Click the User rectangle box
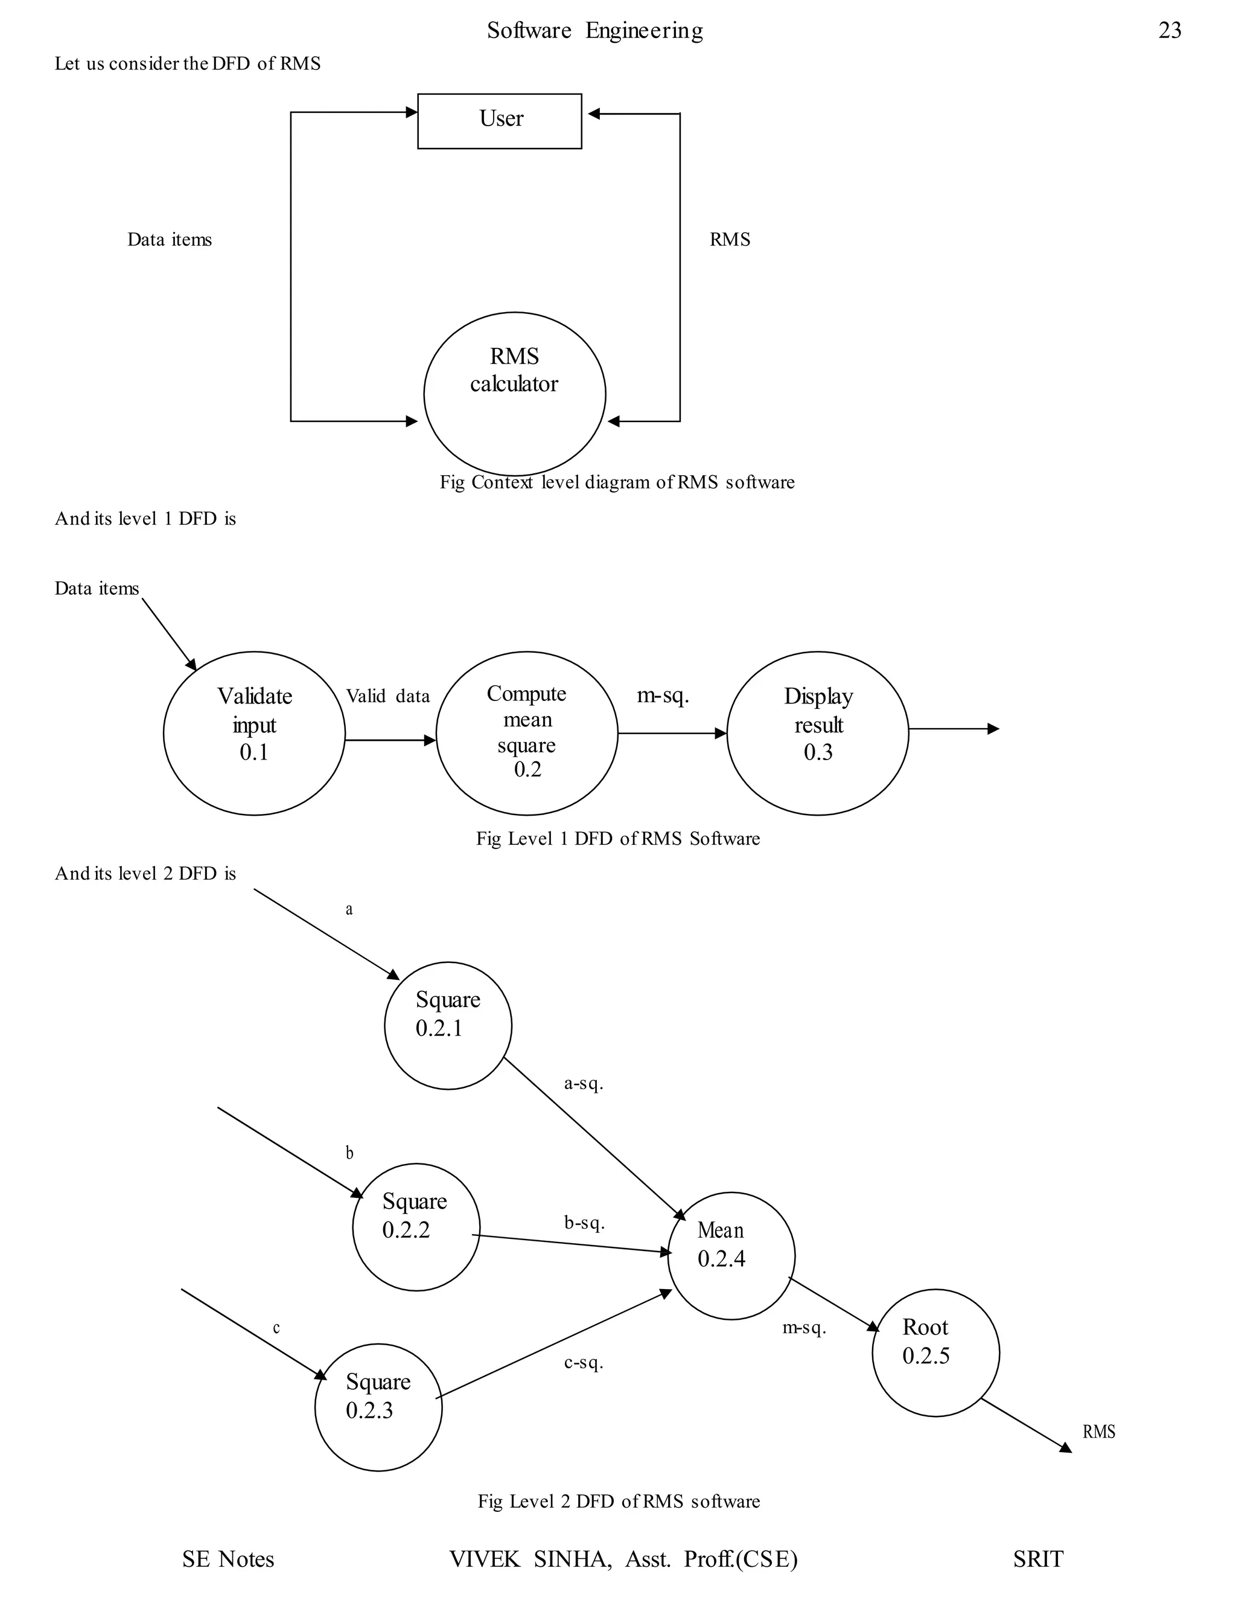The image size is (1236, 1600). (499, 121)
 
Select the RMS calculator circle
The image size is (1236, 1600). (514, 394)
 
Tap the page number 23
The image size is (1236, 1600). (1170, 30)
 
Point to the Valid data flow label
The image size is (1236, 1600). (387, 696)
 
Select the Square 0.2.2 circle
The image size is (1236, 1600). (416, 1226)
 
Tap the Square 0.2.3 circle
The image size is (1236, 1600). (378, 1407)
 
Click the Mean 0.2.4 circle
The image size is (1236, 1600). (731, 1255)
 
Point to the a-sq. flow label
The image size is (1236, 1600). (584, 1084)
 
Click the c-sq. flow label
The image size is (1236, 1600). (584, 1363)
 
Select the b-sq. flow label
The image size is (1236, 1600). (584, 1223)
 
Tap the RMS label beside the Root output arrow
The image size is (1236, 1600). (1098, 1432)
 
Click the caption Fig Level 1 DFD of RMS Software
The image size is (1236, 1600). (617, 838)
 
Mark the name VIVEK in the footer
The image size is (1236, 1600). (484, 1559)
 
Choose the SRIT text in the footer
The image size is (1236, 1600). (1037, 1559)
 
